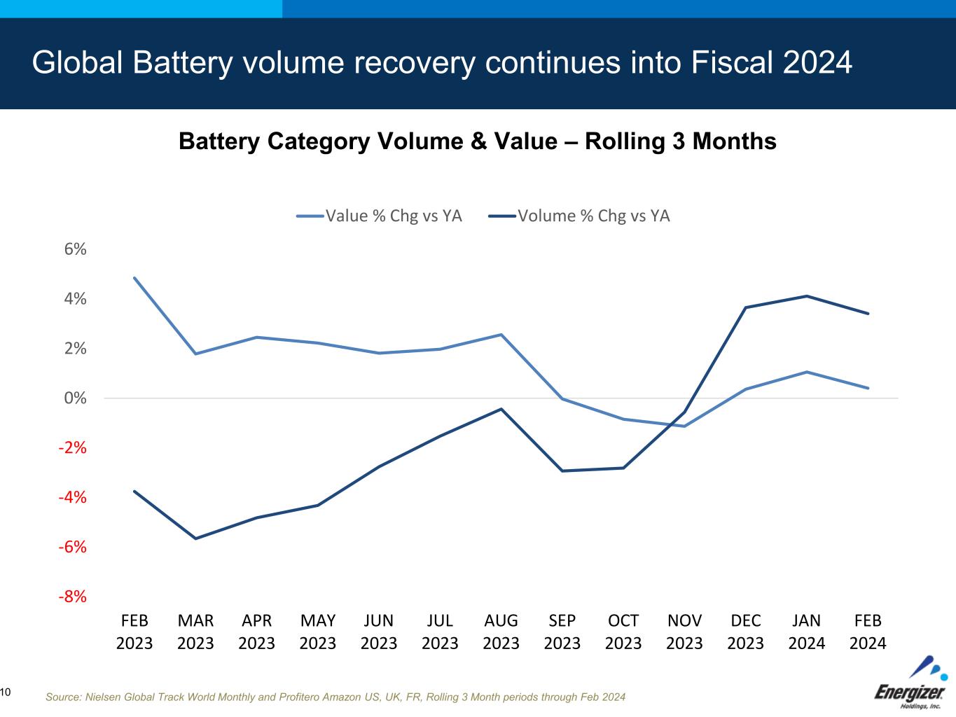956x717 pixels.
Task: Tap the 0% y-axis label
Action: coord(75,398)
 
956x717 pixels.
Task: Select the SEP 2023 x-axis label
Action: coord(562,632)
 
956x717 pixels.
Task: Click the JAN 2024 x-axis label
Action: coord(807,632)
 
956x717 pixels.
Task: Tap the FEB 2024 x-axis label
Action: coord(868,632)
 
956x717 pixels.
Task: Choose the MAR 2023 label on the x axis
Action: coord(195,632)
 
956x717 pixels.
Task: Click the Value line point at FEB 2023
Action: coord(134,278)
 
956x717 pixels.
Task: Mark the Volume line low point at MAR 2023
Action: coord(195,538)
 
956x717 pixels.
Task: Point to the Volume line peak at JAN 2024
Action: coord(807,296)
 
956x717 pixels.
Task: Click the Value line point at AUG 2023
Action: coord(501,335)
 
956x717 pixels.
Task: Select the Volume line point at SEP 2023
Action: coord(562,471)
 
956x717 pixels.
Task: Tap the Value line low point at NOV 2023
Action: coord(684,426)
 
